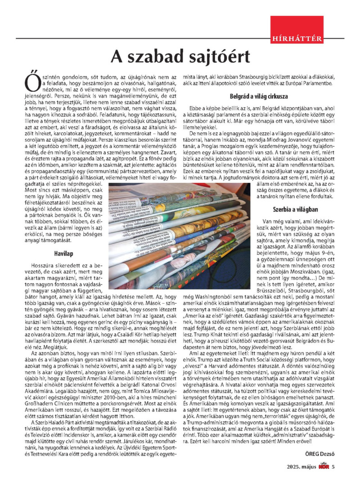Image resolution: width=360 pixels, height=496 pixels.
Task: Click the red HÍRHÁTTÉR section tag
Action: [297, 39]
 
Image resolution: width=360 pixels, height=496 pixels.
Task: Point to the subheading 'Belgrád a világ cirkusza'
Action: [258, 96]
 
